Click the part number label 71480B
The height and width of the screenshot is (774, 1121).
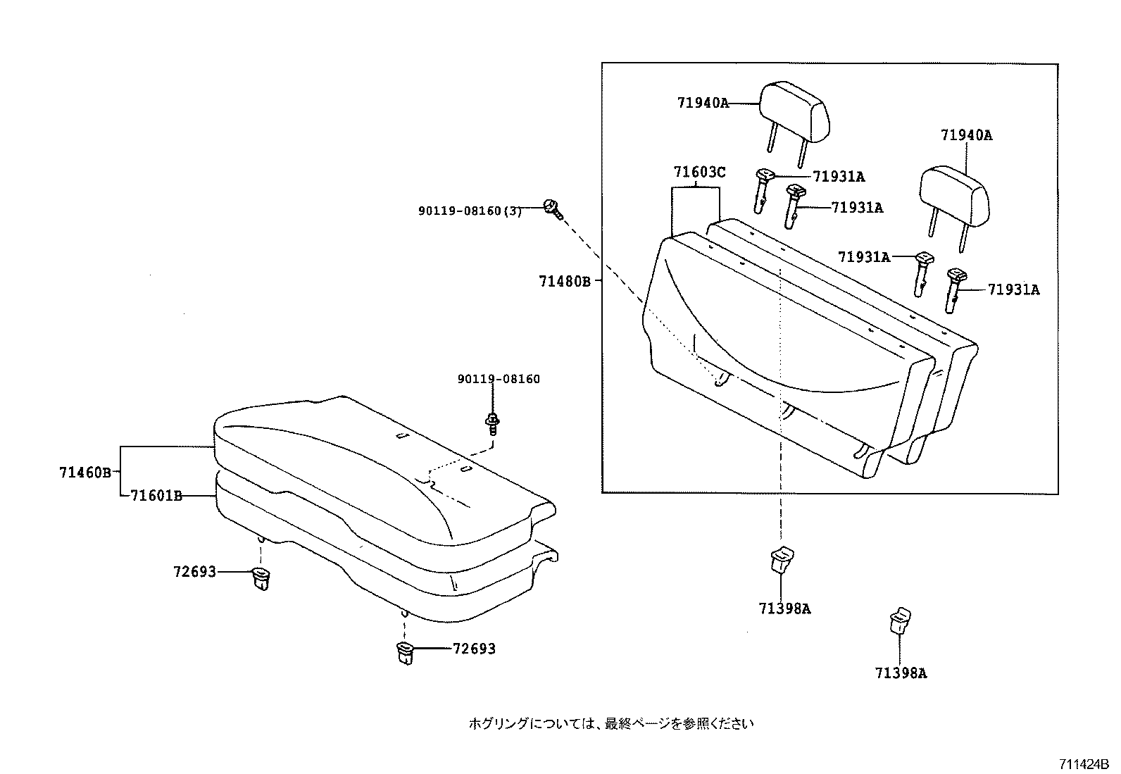coord(564,282)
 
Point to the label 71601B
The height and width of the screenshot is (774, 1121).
coord(156,497)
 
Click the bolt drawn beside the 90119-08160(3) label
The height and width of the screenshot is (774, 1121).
coord(552,208)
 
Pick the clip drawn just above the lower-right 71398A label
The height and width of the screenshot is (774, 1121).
coord(899,620)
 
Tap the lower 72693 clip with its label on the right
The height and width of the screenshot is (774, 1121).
coord(406,653)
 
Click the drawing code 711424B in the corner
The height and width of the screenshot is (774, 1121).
coord(1082,764)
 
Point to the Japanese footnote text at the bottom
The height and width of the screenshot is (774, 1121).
coord(611,723)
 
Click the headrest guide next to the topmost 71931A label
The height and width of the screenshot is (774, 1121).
coord(763,188)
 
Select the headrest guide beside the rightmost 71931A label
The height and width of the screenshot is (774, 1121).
coord(954,289)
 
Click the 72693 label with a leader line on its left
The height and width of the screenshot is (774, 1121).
coord(474,649)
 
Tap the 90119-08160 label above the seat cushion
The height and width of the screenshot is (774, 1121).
coord(499,379)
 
